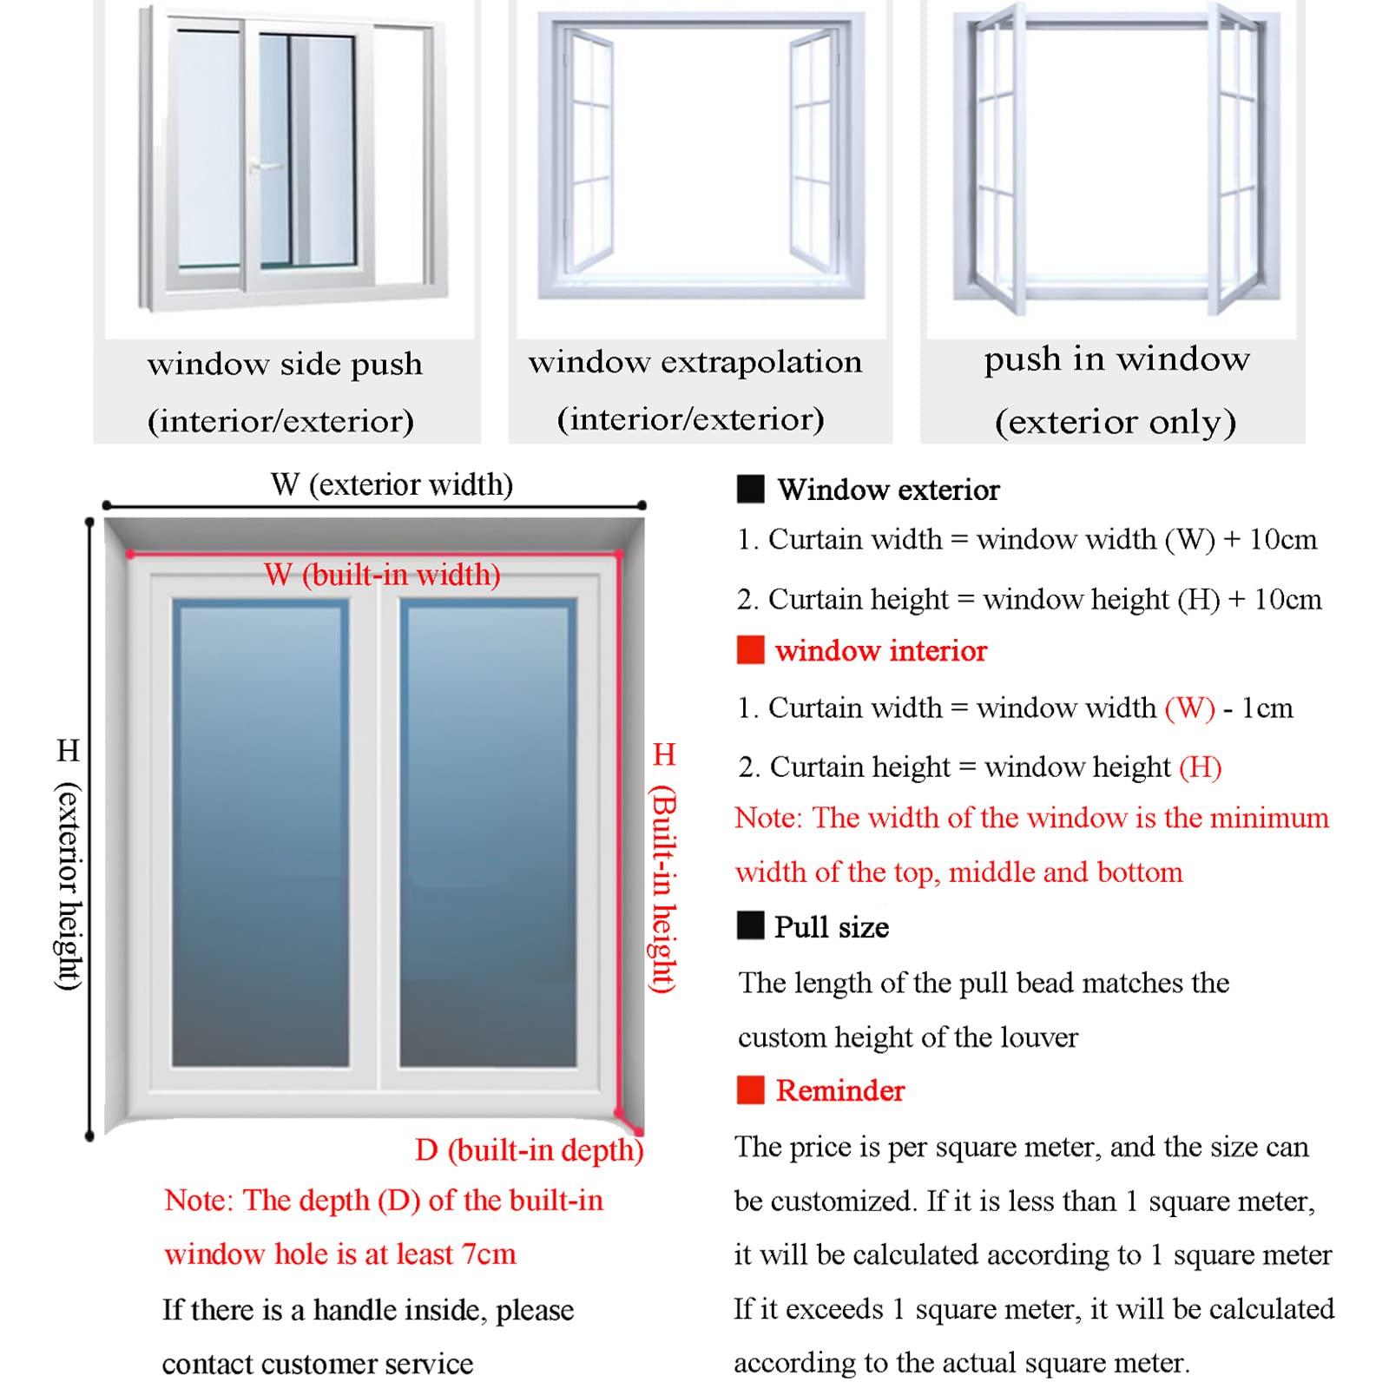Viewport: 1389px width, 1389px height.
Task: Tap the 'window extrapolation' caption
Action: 694,362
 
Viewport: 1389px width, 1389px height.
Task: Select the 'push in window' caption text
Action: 1116,359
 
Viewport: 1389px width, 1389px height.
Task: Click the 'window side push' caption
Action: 285,364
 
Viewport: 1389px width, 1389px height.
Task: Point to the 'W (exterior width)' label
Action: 392,484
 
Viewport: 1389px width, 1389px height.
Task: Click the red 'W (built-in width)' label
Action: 382,575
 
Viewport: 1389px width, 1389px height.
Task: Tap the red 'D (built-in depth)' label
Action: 529,1150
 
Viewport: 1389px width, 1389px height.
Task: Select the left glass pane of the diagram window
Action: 260,833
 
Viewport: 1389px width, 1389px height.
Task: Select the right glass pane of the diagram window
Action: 487,833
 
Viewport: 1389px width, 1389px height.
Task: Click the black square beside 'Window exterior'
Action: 750,490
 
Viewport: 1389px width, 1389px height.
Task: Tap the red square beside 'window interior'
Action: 750,650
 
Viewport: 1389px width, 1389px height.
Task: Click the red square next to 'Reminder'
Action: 750,1090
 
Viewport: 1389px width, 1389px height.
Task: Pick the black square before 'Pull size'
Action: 750,926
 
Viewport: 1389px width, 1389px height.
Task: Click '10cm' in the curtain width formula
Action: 1282,540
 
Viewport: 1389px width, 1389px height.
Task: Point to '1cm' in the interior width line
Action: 1267,708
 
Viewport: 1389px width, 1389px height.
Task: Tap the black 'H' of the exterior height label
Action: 68,751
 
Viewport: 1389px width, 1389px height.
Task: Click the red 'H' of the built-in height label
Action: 664,754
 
